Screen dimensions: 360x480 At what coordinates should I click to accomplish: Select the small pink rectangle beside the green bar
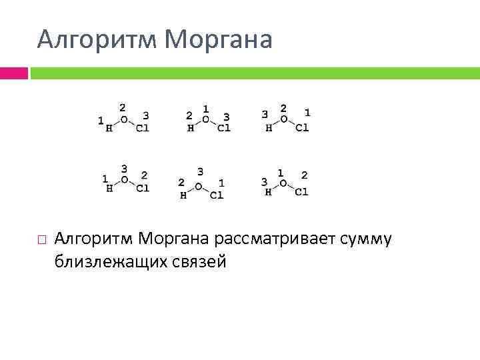(13, 73)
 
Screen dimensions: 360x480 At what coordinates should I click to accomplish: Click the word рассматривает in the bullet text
(269, 238)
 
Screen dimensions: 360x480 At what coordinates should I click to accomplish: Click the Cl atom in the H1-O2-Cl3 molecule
(142, 129)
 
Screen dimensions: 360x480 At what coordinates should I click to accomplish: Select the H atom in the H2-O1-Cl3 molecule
(191, 129)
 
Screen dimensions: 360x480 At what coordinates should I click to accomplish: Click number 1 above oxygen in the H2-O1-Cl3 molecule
(206, 108)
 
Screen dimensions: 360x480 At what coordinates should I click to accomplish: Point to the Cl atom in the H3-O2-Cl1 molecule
(302, 128)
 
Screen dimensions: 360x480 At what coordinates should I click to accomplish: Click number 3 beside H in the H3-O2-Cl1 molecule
(265, 115)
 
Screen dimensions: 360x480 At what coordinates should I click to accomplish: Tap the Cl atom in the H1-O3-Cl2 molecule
(142, 188)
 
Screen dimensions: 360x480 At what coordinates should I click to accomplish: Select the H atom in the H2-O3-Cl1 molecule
(183, 195)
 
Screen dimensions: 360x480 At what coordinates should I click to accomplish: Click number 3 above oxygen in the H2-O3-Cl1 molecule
(200, 171)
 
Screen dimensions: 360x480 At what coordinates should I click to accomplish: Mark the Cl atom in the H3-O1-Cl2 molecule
(301, 192)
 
